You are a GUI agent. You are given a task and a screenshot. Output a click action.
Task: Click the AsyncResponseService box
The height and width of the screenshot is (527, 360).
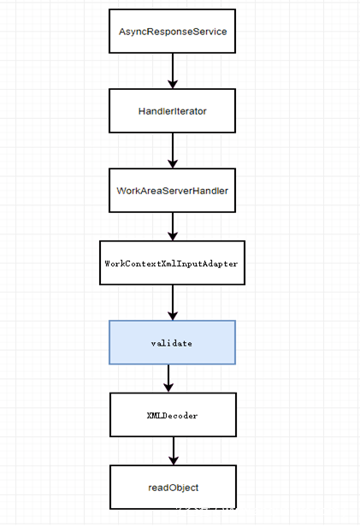[172, 32]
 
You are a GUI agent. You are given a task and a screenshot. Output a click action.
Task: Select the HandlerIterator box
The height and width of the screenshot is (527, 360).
[172, 111]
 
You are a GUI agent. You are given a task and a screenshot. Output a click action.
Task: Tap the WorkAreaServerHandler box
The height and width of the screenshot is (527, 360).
[172, 191]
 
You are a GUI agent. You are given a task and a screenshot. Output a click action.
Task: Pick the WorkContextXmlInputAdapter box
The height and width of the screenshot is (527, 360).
[172, 263]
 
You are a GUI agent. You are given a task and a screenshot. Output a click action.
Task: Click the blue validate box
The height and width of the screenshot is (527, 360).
[172, 342]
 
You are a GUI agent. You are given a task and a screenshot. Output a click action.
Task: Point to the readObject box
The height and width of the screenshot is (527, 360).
[172, 487]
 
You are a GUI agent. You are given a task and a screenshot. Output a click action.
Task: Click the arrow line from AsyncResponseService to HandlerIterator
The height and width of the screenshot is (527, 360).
[173, 68]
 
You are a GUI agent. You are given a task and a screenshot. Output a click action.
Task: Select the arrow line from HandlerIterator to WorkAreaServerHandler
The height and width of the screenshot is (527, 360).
[173, 148]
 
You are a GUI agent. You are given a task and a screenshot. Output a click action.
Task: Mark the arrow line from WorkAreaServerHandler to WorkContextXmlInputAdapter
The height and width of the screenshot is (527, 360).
[173, 224]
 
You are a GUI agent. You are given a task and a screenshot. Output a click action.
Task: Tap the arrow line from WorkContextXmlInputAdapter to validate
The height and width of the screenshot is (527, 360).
[173, 300]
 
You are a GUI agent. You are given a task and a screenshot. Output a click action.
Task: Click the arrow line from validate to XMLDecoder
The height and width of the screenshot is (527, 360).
[168, 375]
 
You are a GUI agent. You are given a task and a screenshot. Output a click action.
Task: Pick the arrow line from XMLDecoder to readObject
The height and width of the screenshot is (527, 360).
[173, 448]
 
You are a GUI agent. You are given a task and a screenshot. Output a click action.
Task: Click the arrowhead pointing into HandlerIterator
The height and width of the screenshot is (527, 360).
[173, 85]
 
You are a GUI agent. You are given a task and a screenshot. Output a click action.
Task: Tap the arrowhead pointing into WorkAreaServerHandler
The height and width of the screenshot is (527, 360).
[173, 164]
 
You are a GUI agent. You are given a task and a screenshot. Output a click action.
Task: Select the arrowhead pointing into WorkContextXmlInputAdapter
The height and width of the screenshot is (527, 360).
[173, 237]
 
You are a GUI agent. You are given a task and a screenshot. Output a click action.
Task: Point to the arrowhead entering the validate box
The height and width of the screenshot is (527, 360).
[173, 316]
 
